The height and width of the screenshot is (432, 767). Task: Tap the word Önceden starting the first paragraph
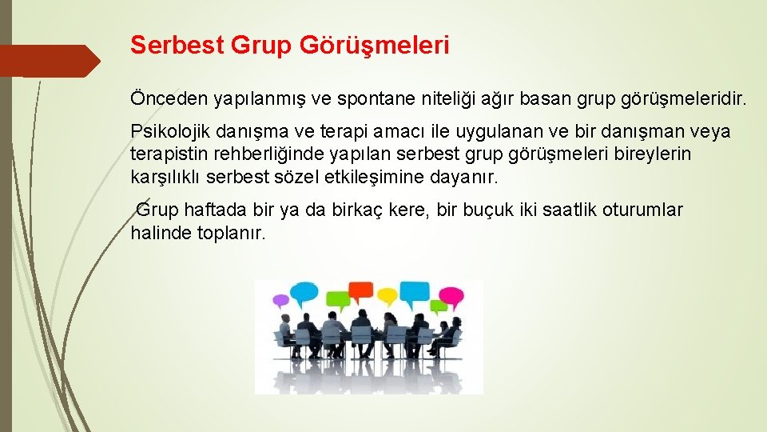[x=169, y=99]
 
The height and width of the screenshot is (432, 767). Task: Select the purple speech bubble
[x=281, y=302]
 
